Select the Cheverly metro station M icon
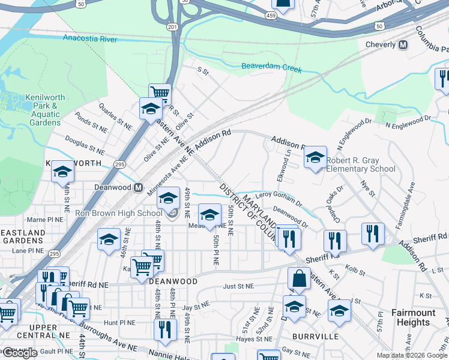(x=403, y=44)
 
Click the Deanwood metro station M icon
(x=138, y=187)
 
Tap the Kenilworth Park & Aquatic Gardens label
(x=45, y=110)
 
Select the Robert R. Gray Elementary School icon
(x=315, y=157)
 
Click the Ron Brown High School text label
(x=118, y=213)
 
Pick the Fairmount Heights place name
(x=413, y=317)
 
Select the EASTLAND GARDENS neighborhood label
(x=23, y=235)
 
